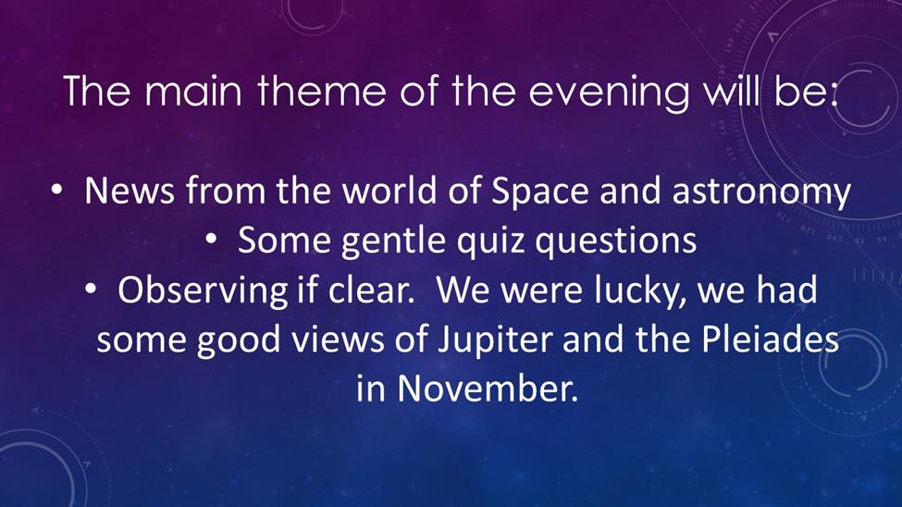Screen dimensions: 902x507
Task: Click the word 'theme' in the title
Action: pyautogui.click(x=321, y=91)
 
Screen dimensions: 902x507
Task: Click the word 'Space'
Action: pyautogui.click(x=539, y=192)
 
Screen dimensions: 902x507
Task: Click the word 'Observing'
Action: pyautogui.click(x=202, y=291)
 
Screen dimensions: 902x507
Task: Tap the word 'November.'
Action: pyautogui.click(x=488, y=389)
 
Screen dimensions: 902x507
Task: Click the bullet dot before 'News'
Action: pyautogui.click(x=56, y=191)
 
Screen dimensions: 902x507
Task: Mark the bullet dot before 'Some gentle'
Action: pyautogui.click(x=211, y=241)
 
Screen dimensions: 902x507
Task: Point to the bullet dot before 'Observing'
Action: pyautogui.click(x=91, y=290)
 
